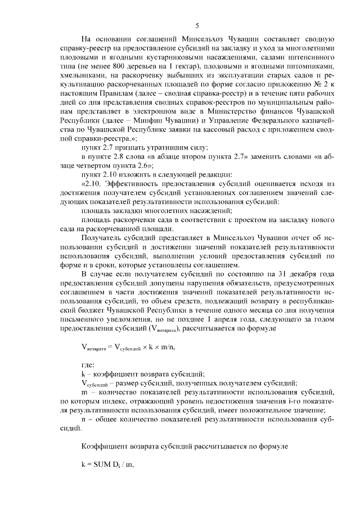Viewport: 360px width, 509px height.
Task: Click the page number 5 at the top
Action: point(197,25)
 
